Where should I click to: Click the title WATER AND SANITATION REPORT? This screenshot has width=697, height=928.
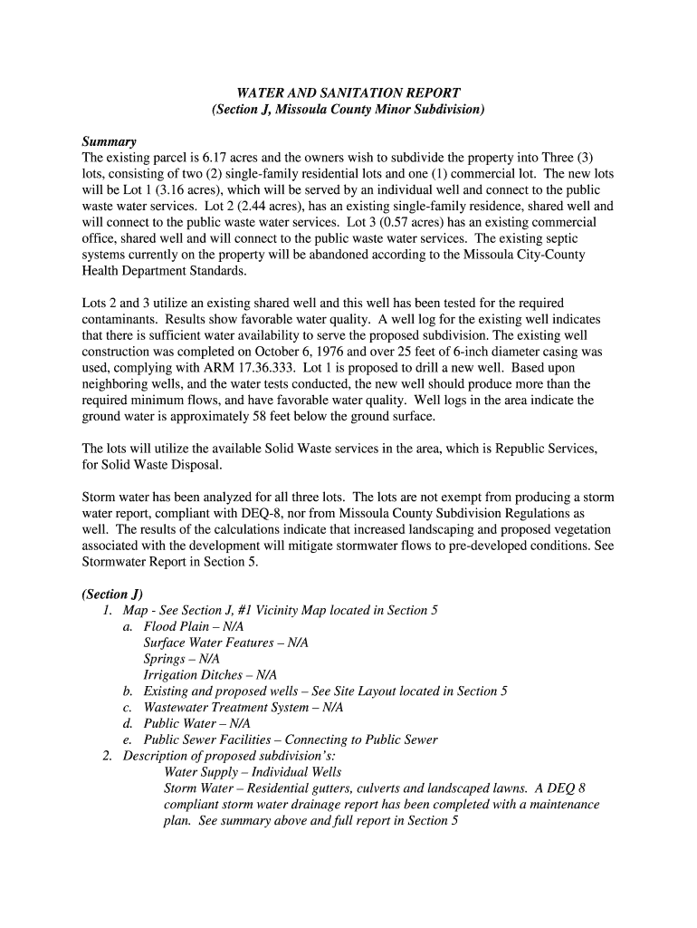(x=348, y=92)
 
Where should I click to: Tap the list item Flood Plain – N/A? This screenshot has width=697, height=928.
(x=193, y=626)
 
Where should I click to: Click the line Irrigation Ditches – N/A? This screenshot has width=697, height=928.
(x=210, y=675)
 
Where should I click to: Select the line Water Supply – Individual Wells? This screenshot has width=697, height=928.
(x=253, y=772)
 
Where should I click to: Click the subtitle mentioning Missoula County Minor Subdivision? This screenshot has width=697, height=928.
(x=348, y=110)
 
